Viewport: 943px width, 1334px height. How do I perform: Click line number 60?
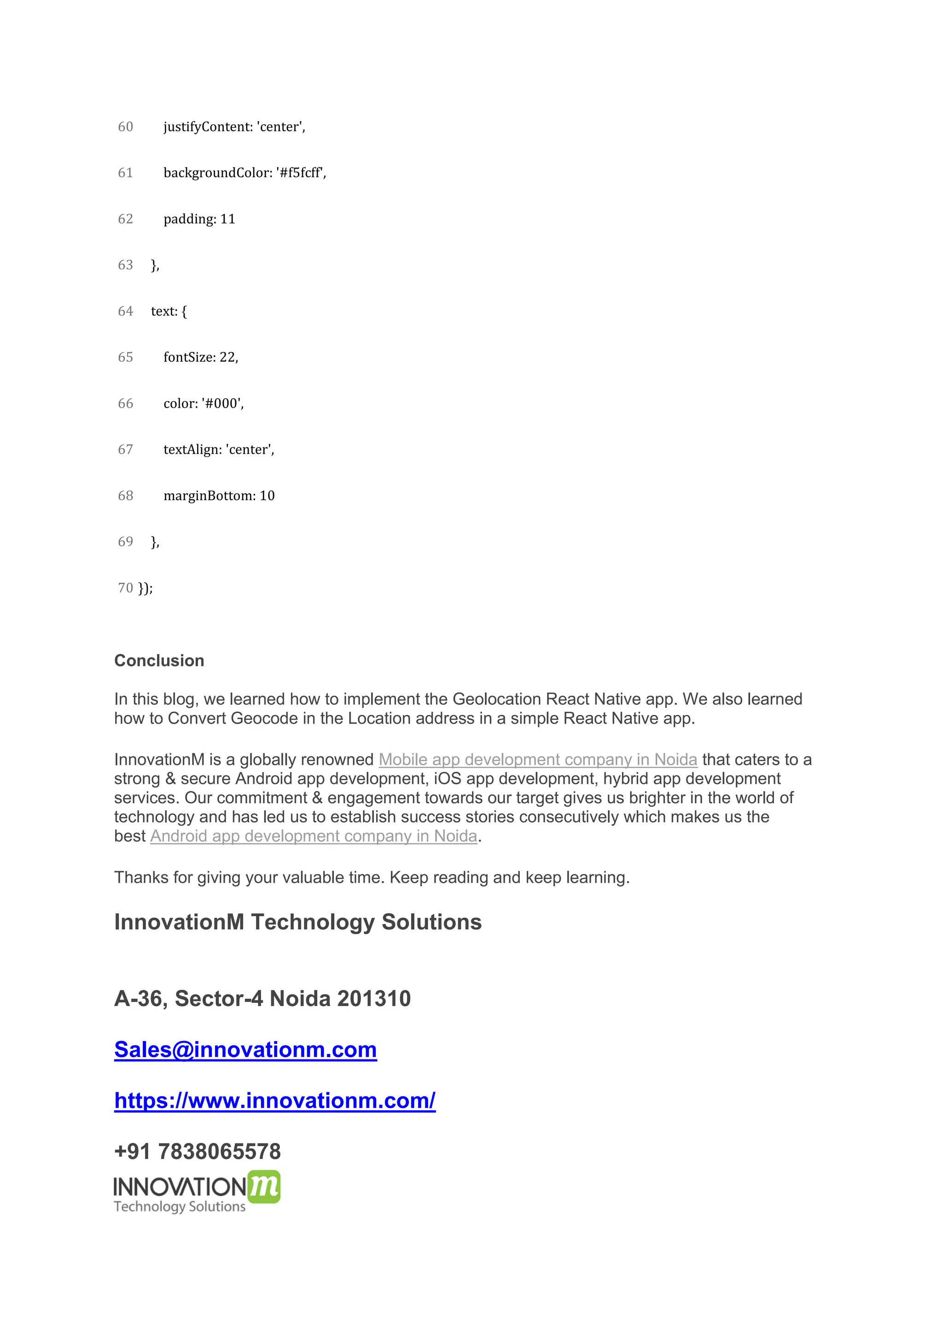[125, 127]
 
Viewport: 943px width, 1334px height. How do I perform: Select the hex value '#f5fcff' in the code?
[299, 173]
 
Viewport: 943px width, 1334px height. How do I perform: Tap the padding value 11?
[227, 219]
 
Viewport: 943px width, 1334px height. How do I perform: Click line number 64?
[125, 311]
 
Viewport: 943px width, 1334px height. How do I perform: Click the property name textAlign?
[191, 450]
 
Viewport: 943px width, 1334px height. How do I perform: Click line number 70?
[125, 588]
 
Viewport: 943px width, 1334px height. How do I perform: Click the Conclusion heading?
[159, 661]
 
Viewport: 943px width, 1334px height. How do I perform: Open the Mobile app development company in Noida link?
[538, 760]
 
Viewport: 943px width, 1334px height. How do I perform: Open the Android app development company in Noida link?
[314, 836]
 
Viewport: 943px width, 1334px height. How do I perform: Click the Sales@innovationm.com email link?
[245, 1050]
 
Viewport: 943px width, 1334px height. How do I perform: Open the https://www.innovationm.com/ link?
[274, 1101]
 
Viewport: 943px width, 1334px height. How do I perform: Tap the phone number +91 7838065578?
[198, 1152]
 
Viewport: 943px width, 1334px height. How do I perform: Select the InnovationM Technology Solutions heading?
[298, 922]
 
